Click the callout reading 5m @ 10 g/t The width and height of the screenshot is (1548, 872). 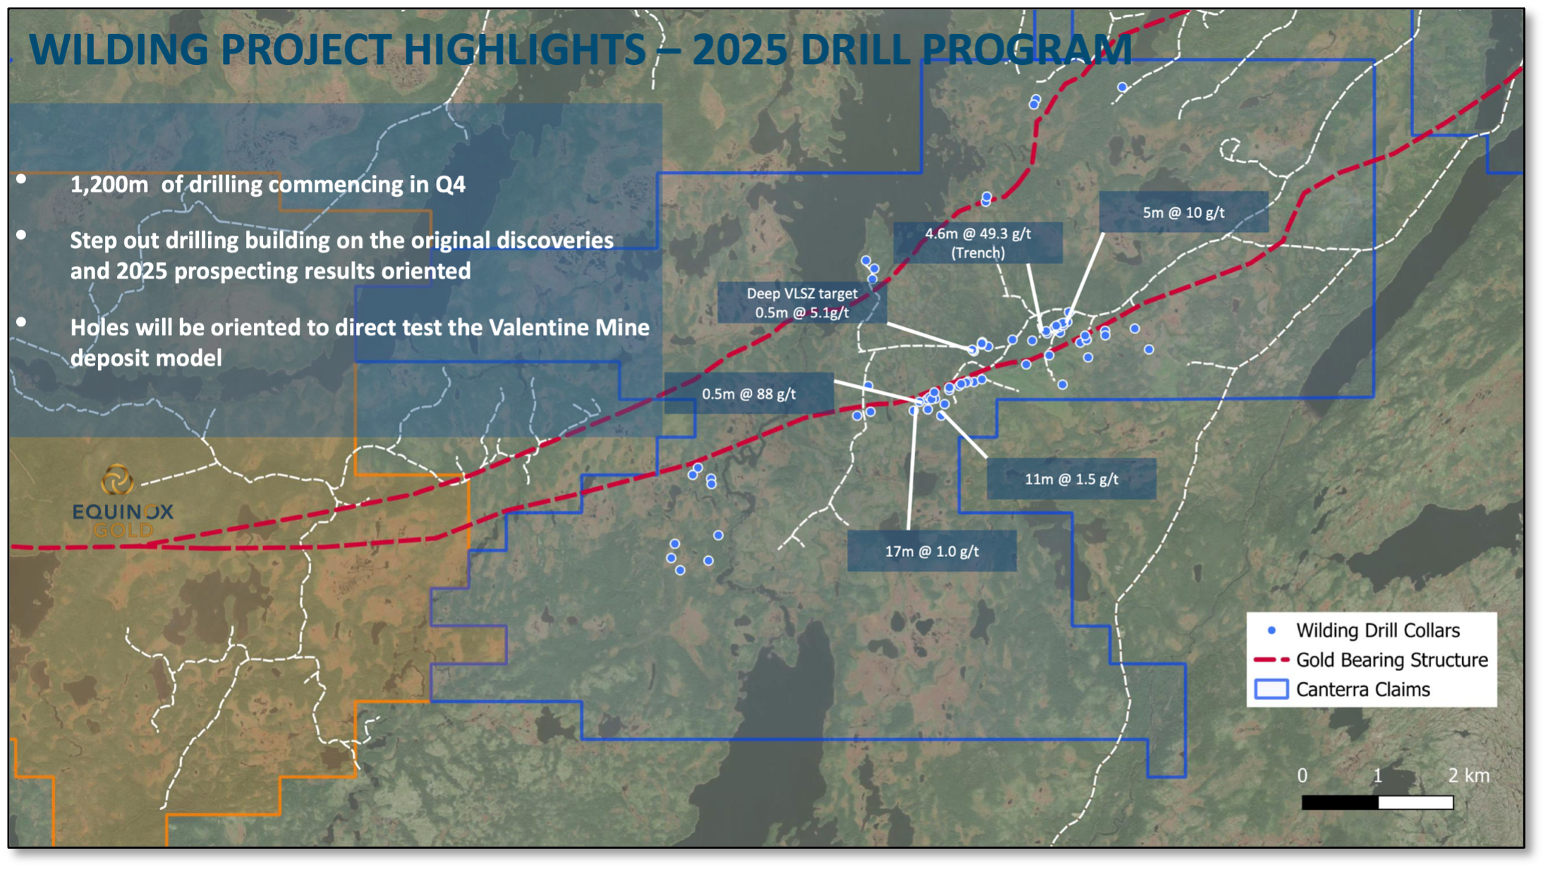point(1183,212)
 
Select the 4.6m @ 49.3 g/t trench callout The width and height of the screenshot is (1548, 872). point(977,242)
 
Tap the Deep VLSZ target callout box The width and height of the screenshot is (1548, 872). point(802,302)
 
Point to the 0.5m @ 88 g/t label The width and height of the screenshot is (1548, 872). point(748,393)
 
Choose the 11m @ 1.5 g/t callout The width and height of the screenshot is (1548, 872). point(1071,479)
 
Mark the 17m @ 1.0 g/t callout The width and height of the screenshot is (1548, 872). point(932,551)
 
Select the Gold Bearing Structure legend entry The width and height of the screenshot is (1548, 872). point(1371,660)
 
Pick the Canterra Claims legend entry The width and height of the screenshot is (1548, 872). point(1343,689)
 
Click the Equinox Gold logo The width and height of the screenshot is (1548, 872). point(122,501)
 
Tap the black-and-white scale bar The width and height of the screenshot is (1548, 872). point(1377,802)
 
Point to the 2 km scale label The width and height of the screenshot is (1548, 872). point(1469,775)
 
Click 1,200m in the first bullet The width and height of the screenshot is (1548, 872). point(109,185)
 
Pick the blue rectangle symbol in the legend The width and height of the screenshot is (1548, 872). point(1272,689)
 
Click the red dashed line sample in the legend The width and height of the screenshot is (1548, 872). point(1272,660)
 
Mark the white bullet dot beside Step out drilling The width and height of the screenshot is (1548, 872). point(22,235)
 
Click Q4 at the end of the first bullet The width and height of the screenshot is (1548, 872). point(451,185)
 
